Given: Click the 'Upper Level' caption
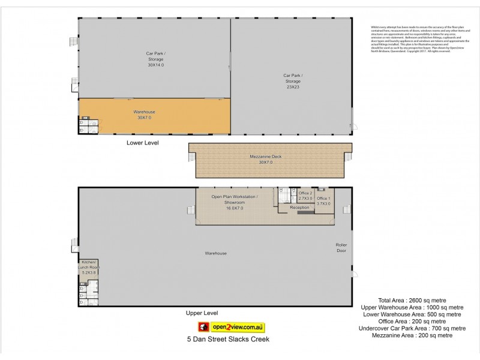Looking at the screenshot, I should coord(202,313).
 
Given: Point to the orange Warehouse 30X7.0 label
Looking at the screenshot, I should coord(144,115).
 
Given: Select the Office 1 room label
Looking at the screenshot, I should coord(323,200).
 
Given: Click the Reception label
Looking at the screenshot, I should coord(299,208).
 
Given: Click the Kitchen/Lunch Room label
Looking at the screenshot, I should coord(88,267).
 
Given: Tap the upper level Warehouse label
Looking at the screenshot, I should coord(215,253).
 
